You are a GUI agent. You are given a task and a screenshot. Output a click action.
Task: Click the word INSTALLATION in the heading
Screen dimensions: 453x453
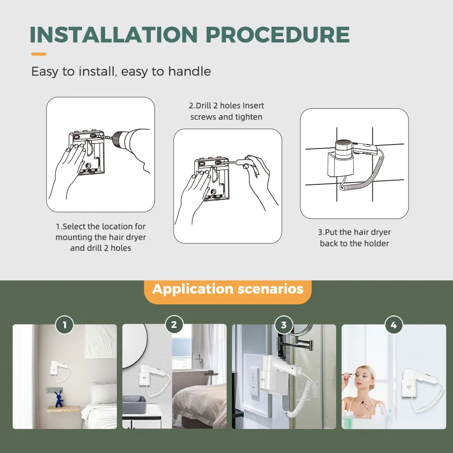click(x=114, y=35)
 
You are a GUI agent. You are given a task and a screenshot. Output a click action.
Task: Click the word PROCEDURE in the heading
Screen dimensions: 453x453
click(x=277, y=35)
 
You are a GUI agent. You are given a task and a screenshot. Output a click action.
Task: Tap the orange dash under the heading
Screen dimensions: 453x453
click(x=39, y=54)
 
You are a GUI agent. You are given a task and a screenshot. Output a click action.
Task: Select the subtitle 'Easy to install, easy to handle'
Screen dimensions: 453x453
click(x=121, y=72)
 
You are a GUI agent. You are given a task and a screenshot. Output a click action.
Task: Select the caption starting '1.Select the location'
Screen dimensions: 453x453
click(x=101, y=237)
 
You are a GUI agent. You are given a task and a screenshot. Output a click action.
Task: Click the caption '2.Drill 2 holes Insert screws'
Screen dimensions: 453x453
click(x=226, y=111)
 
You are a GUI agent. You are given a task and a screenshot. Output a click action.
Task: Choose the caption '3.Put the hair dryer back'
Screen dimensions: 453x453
click(x=354, y=238)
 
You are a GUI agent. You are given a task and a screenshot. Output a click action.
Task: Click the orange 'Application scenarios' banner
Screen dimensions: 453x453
click(x=227, y=289)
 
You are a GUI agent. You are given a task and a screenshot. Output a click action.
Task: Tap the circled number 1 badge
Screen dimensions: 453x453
click(x=64, y=325)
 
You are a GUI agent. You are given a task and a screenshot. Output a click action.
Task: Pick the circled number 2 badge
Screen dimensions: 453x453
click(x=174, y=325)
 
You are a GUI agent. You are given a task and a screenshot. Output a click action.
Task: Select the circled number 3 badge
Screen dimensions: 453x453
click(x=284, y=325)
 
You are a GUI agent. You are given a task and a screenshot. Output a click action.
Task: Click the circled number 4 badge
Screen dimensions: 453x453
click(x=393, y=325)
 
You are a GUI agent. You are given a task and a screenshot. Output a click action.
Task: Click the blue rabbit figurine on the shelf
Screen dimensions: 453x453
click(x=58, y=399)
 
